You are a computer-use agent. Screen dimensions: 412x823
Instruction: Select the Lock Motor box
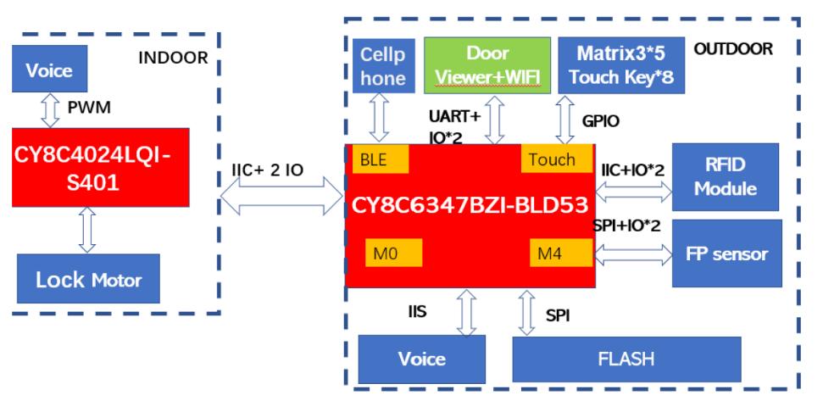[x=87, y=279]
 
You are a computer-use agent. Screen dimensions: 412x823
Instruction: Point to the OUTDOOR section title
[x=734, y=49]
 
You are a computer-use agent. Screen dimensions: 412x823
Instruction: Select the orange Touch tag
[x=551, y=159]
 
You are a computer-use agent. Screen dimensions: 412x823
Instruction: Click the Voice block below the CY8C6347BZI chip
[x=422, y=359]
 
